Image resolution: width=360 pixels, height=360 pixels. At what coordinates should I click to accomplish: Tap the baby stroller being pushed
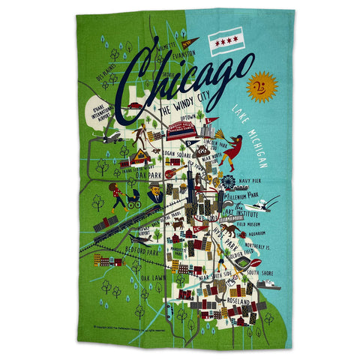[x=133, y=201]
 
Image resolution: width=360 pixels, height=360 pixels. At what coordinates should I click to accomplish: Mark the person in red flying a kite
[x=235, y=143]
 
